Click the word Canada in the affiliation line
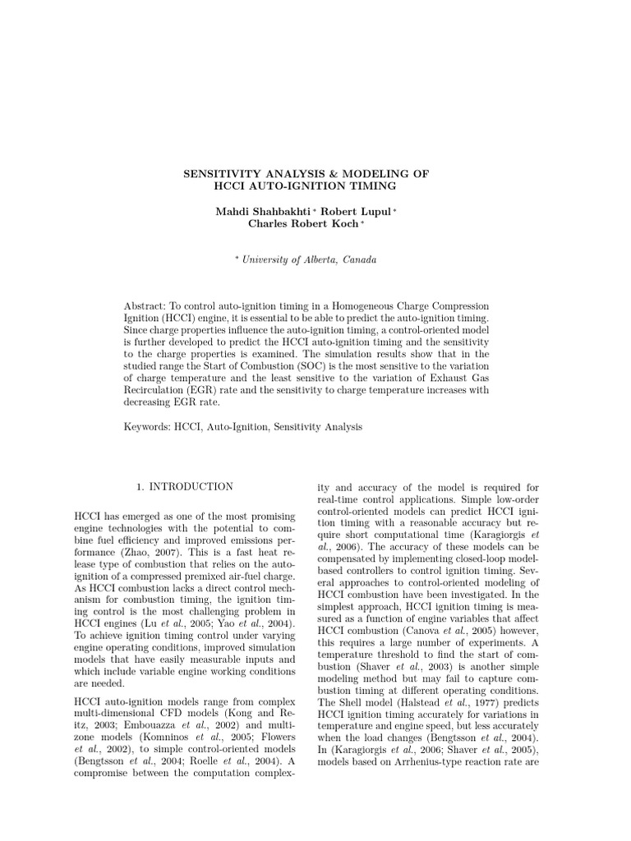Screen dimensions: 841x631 pos(359,260)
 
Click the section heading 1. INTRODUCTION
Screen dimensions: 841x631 pos(185,487)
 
